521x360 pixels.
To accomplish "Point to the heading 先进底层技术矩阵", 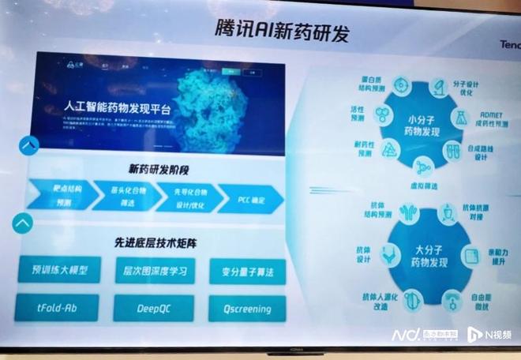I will [x=159, y=243].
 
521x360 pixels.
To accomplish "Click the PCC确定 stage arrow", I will [x=251, y=200].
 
